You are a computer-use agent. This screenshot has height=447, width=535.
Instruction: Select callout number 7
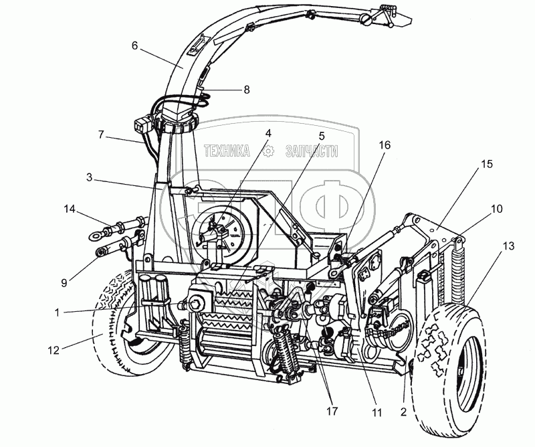click(101, 135)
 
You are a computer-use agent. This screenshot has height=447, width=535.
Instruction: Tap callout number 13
click(508, 247)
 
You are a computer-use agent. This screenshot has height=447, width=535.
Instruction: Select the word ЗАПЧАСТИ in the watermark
click(311, 151)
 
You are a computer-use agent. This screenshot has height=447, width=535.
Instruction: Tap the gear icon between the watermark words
click(269, 151)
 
